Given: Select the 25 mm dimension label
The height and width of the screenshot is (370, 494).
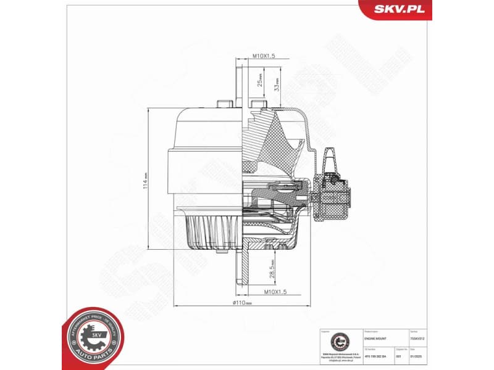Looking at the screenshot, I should pos(261,81).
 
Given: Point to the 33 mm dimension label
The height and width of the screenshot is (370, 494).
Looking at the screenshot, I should pos(277,83).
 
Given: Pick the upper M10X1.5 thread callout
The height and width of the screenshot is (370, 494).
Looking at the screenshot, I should pos(263,56).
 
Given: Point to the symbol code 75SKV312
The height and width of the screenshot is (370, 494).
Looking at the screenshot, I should pos(417,339).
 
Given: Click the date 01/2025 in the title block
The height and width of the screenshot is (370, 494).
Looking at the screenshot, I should pos(418,356).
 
